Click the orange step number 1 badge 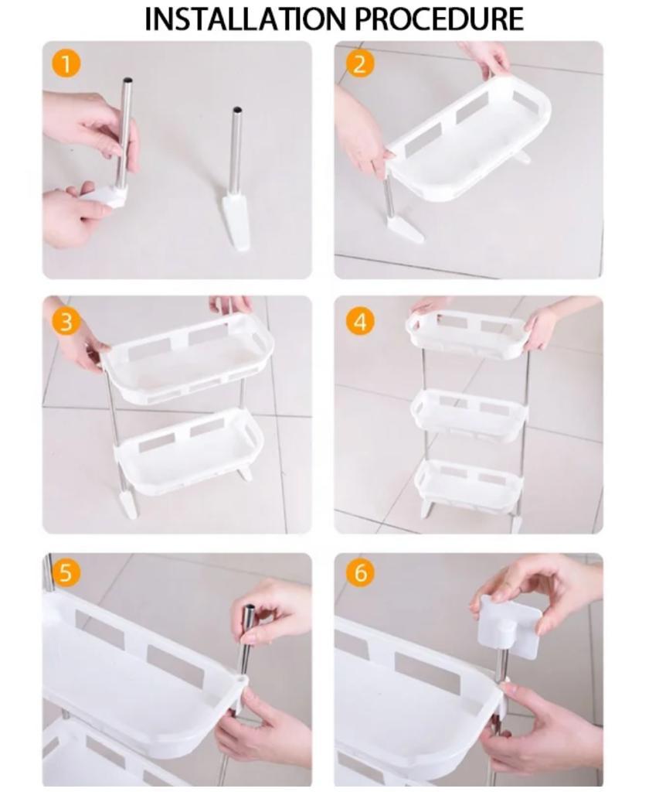(66, 64)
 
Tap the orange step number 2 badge (360, 64)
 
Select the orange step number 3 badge (66, 322)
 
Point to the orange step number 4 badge (360, 322)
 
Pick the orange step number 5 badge (66, 572)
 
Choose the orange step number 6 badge (360, 572)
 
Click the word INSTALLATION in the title (247, 19)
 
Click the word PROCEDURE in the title (439, 19)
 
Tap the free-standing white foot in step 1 (236, 221)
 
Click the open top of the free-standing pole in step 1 (236, 110)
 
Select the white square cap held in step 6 (510, 626)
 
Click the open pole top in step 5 (249, 607)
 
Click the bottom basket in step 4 (468, 483)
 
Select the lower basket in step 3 (191, 451)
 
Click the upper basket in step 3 (189, 359)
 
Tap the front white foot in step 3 (128, 503)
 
